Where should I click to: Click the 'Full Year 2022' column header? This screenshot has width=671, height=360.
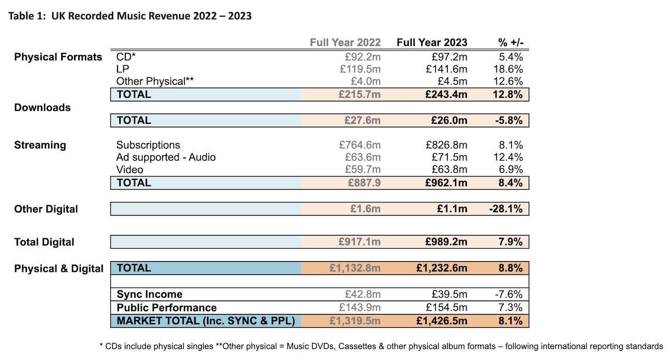pyautogui.click(x=345, y=42)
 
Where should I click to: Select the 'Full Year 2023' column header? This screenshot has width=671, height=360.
pyautogui.click(x=432, y=42)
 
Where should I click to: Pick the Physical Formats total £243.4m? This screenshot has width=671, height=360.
pyautogui.click(x=446, y=94)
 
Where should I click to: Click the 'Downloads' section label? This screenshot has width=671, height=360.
pyautogui.click(x=42, y=108)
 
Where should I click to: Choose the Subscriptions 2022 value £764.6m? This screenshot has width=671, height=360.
pyautogui.click(x=360, y=145)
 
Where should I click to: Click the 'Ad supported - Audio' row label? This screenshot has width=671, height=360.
pyautogui.click(x=166, y=157)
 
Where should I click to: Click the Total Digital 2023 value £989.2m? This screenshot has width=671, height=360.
pyautogui.click(x=446, y=242)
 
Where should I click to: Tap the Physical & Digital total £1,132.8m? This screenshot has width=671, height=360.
pyautogui.click(x=355, y=268)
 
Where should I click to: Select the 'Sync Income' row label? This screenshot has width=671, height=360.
pyautogui.click(x=150, y=295)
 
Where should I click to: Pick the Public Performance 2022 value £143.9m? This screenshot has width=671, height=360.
pyautogui.click(x=360, y=308)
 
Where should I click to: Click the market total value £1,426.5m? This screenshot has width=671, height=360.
pyautogui.click(x=442, y=321)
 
